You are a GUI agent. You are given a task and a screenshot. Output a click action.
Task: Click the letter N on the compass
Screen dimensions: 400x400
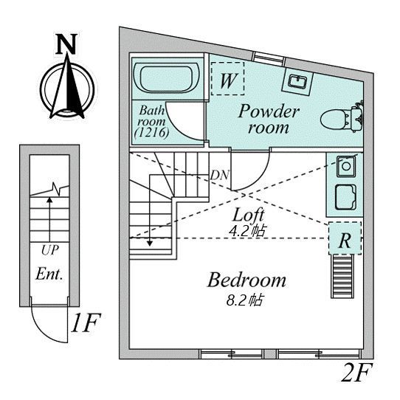pyautogui.click(x=66, y=44)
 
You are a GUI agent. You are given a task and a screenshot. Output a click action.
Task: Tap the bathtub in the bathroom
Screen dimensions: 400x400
pyautogui.click(x=167, y=78)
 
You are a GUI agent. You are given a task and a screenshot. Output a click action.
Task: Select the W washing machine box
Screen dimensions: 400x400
pyautogui.click(x=227, y=78)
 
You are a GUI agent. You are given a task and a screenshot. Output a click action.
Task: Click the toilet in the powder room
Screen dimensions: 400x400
pyautogui.click(x=342, y=118)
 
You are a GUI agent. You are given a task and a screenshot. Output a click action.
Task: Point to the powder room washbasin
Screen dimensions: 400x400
pyautogui.click(x=297, y=82)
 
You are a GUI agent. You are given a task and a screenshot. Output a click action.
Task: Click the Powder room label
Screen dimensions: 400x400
pyautogui.click(x=269, y=119)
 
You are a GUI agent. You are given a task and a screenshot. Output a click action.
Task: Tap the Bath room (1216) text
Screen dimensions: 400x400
pyautogui.click(x=151, y=122)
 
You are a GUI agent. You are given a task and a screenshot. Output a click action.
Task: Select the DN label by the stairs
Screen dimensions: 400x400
pyautogui.click(x=219, y=175)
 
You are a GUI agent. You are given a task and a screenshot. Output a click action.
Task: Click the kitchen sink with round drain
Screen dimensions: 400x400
pyautogui.click(x=346, y=166)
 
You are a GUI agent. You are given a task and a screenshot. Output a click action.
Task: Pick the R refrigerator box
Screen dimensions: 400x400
pyautogui.click(x=345, y=238)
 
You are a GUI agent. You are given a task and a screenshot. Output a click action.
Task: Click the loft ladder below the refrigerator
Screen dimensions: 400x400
pyautogui.click(x=342, y=276)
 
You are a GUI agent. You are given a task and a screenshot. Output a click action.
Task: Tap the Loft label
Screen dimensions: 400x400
pyautogui.click(x=249, y=215)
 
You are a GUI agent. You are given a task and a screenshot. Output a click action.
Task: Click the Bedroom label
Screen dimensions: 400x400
pyautogui.click(x=246, y=280)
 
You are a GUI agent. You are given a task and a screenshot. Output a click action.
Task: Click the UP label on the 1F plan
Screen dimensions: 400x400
pyautogui.click(x=50, y=250)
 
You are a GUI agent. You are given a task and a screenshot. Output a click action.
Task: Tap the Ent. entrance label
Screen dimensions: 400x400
pyautogui.click(x=49, y=274)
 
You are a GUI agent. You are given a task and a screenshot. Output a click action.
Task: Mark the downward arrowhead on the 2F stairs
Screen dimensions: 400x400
pyautogui.click(x=150, y=244)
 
